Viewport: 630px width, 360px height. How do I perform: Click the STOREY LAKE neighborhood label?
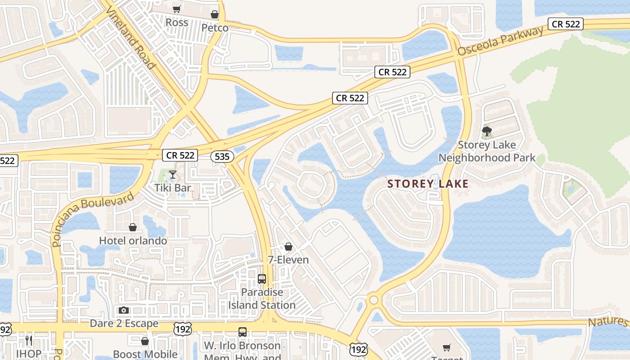[x=428, y=184]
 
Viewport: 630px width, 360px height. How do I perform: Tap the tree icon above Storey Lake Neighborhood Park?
[x=486, y=132]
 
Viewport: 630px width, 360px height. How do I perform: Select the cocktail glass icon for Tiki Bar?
[x=172, y=175]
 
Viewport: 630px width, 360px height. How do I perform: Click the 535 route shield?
[x=222, y=156]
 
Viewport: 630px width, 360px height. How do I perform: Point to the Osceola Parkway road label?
[x=500, y=41]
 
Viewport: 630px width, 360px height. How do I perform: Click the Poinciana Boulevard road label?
[x=92, y=220]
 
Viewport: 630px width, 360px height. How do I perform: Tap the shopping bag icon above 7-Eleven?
[x=288, y=247]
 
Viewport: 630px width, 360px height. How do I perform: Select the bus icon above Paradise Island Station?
[x=262, y=279]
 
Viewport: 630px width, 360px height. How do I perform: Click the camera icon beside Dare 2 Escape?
[x=124, y=310]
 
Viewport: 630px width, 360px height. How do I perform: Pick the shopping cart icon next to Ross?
[x=177, y=9]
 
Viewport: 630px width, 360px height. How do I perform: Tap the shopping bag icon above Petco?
[x=215, y=14]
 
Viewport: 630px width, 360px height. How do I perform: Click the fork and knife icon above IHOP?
[x=29, y=340]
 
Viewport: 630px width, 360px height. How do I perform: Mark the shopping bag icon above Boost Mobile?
[x=145, y=341]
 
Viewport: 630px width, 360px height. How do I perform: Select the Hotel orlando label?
[x=133, y=241]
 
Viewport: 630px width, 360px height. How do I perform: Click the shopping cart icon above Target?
[x=446, y=347]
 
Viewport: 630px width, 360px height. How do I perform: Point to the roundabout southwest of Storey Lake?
[x=373, y=300]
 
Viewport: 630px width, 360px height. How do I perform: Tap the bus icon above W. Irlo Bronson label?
[x=243, y=332]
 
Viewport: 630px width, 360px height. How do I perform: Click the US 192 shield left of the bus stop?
[x=184, y=328]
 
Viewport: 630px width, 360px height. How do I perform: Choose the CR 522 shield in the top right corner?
[x=566, y=24]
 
